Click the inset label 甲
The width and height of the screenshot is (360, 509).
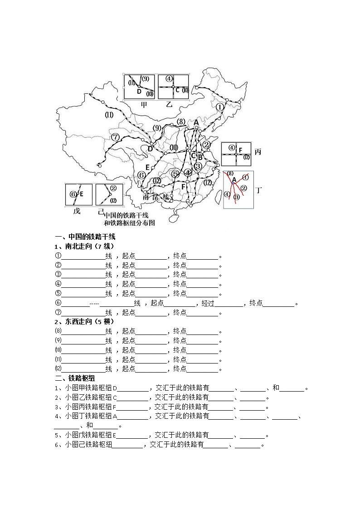click(x=144, y=105)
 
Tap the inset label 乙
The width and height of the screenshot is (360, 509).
click(x=170, y=105)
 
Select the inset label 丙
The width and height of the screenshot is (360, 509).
click(x=258, y=152)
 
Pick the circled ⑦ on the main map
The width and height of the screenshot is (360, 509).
click(x=115, y=137)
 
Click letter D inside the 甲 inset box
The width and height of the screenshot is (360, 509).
click(x=139, y=92)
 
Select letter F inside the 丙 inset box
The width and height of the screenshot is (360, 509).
click(x=241, y=150)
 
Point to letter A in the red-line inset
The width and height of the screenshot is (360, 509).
click(x=234, y=179)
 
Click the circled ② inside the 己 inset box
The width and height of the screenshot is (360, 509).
click(x=113, y=188)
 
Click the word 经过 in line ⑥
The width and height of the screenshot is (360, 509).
click(x=208, y=303)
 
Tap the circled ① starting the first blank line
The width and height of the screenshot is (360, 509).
click(x=58, y=256)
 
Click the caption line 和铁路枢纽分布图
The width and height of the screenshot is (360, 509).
click(x=129, y=223)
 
